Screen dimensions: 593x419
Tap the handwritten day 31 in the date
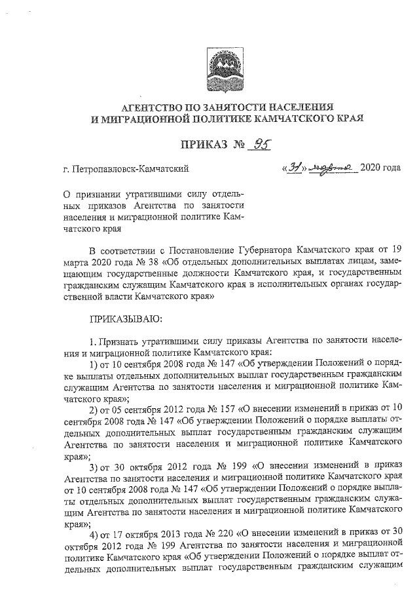(293, 167)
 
